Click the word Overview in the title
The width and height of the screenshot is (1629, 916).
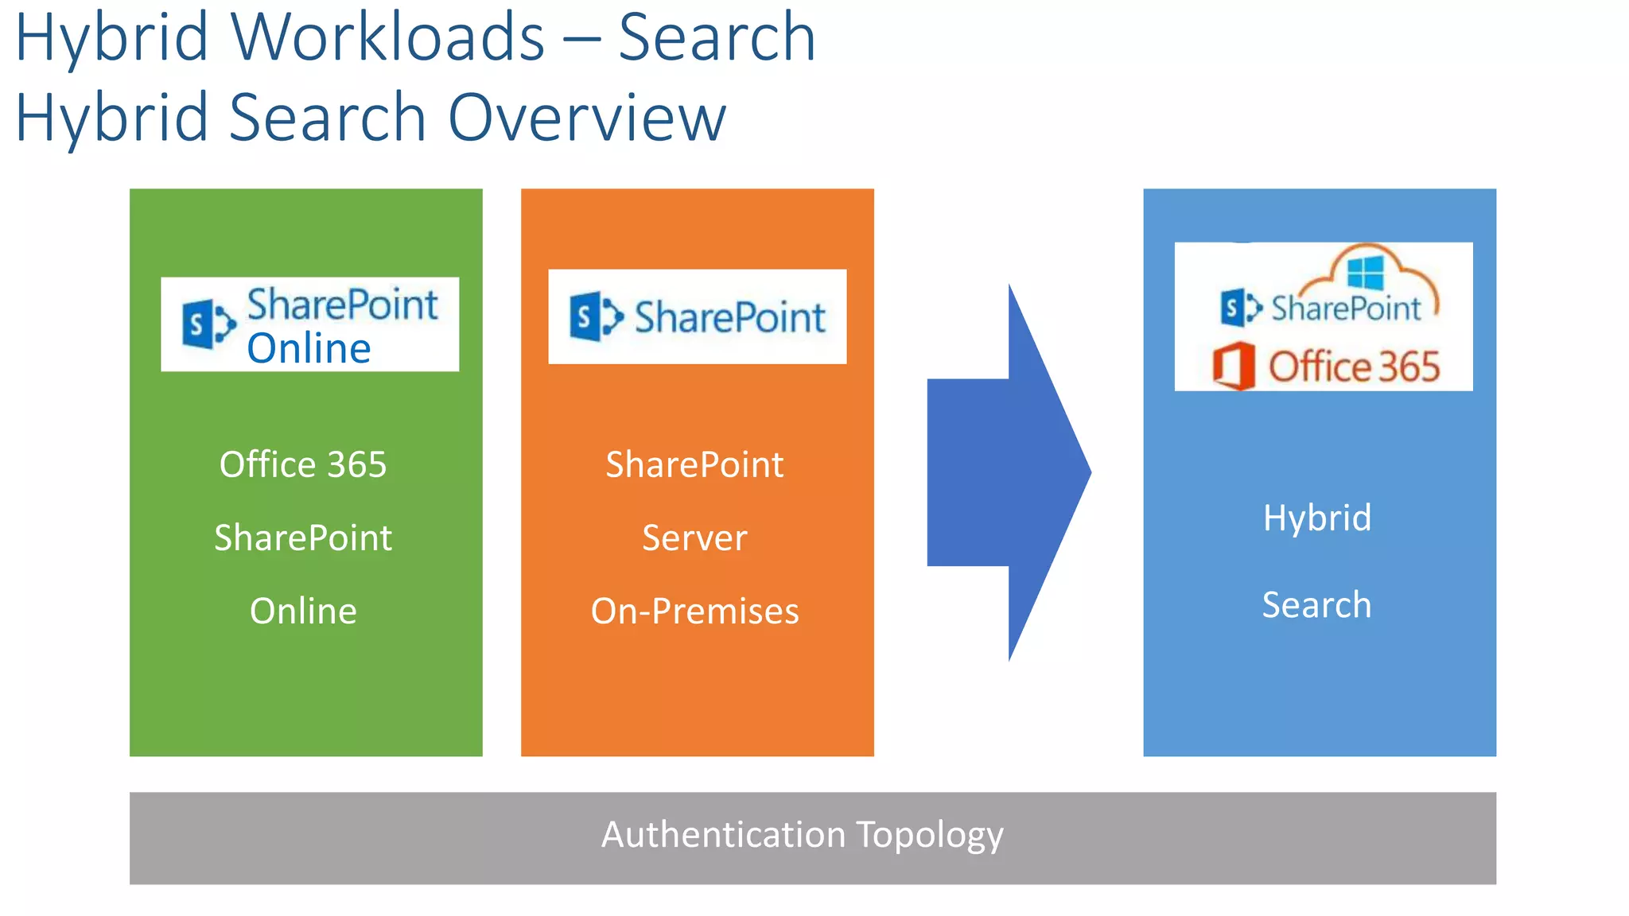coord(587,117)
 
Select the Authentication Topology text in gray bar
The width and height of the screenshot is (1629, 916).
coord(802,835)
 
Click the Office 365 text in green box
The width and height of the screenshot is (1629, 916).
coord(303,464)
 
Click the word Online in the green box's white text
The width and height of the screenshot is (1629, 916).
coord(303,611)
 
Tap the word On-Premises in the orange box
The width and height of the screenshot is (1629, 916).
coord(694,611)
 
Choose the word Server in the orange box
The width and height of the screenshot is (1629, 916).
coord(694,538)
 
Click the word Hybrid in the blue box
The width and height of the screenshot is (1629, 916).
coord(1317,518)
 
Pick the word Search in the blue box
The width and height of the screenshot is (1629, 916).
coord(1317,605)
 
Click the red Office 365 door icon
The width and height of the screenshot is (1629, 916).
coord(1234,366)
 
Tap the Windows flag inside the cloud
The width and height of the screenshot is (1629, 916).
coord(1365,273)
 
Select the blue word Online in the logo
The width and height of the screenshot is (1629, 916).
coord(309,348)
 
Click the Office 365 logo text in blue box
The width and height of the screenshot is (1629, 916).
coord(1354,367)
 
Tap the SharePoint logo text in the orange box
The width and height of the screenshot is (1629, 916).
coord(729,317)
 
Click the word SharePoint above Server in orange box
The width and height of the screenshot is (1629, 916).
coord(694,464)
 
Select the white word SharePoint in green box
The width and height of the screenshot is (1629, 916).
coord(303,538)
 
